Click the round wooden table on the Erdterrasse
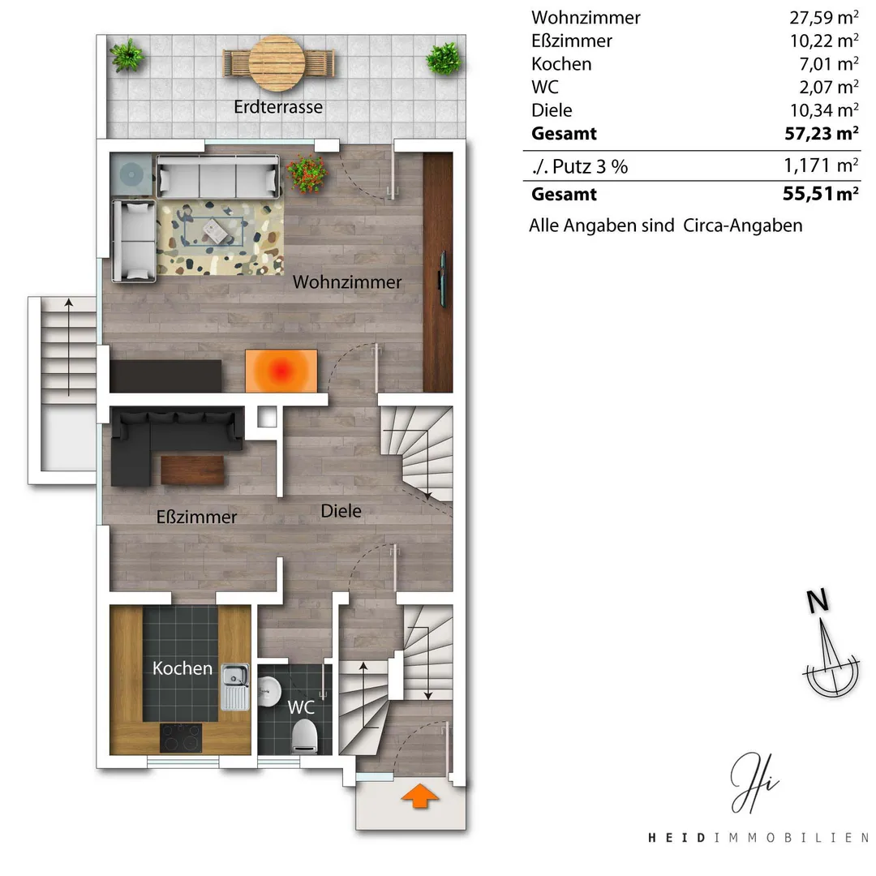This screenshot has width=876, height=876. tap(277, 63)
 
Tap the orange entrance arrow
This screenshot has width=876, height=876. tap(419, 795)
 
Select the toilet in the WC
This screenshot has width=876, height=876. tap(304, 735)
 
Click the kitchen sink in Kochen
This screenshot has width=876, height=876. tap(235, 687)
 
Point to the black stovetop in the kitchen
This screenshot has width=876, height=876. tap(181, 737)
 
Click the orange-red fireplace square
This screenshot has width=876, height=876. tap(281, 371)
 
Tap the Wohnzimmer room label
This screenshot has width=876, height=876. tap(347, 282)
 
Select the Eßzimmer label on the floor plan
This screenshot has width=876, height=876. tap(196, 517)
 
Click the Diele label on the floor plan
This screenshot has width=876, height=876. tap(341, 511)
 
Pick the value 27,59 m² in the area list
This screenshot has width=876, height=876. tap(824, 18)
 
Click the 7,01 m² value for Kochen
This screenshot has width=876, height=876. tap(829, 64)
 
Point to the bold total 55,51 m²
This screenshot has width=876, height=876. tap(821, 194)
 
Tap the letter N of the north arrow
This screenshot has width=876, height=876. tap(818, 601)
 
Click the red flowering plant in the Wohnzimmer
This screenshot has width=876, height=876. tap(307, 174)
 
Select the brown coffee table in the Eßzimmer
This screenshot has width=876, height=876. tap(193, 470)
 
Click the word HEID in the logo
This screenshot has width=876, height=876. tap(676, 837)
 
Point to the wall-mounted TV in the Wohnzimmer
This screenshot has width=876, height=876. tap(443, 279)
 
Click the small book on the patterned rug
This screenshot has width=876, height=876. tap(215, 230)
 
